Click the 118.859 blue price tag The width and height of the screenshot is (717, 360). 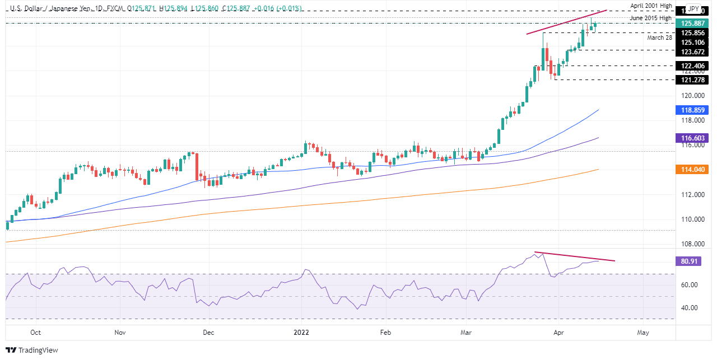693,111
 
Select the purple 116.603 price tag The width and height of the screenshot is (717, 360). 693,138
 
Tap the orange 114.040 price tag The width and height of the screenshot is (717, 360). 693,169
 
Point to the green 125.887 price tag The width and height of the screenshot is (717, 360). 693,24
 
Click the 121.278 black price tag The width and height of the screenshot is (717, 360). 693,80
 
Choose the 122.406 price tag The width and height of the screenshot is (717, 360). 693,66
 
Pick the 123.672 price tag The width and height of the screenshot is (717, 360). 693,52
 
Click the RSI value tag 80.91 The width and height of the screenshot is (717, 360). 693,261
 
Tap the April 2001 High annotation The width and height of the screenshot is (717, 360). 650,6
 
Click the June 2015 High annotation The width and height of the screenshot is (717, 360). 650,18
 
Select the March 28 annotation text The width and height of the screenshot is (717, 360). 659,38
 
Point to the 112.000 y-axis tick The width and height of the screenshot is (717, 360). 693,195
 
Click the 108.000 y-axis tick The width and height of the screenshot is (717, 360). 693,244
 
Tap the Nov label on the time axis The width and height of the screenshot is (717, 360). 119,333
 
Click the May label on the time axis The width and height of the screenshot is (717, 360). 643,333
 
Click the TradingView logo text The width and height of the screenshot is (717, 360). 38,350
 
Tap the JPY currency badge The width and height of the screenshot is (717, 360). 693,10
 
